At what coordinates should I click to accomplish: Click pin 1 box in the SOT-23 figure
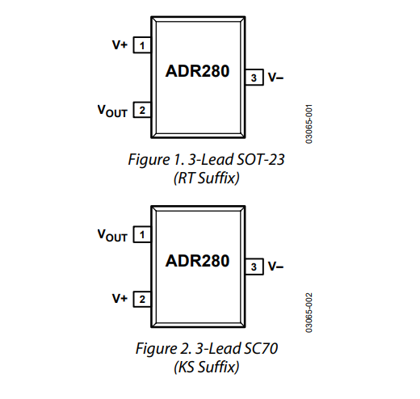(x=142, y=45)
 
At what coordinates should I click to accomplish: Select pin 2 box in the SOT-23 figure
(x=142, y=110)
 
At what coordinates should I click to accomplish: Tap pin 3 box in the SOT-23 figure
(x=254, y=78)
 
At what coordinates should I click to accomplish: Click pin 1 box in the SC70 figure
(x=142, y=234)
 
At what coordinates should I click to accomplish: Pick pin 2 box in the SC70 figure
(x=142, y=299)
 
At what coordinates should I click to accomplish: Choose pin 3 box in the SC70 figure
(x=254, y=267)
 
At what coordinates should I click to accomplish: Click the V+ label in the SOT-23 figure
(x=120, y=44)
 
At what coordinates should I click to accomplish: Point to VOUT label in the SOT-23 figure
(x=112, y=111)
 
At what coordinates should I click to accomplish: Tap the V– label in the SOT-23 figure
(x=275, y=78)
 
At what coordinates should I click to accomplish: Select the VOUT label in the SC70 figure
(x=112, y=235)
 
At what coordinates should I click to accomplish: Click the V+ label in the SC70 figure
(x=120, y=299)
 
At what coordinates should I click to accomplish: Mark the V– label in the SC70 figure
(x=275, y=267)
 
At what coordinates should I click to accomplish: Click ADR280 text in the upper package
(x=197, y=71)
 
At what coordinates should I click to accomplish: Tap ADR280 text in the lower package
(x=197, y=261)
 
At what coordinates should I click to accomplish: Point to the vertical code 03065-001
(x=309, y=124)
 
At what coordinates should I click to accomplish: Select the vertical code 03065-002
(x=309, y=313)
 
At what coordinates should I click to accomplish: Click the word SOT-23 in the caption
(x=260, y=159)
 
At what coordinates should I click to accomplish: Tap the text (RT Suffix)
(x=207, y=178)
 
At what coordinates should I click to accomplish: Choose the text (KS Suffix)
(x=207, y=367)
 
